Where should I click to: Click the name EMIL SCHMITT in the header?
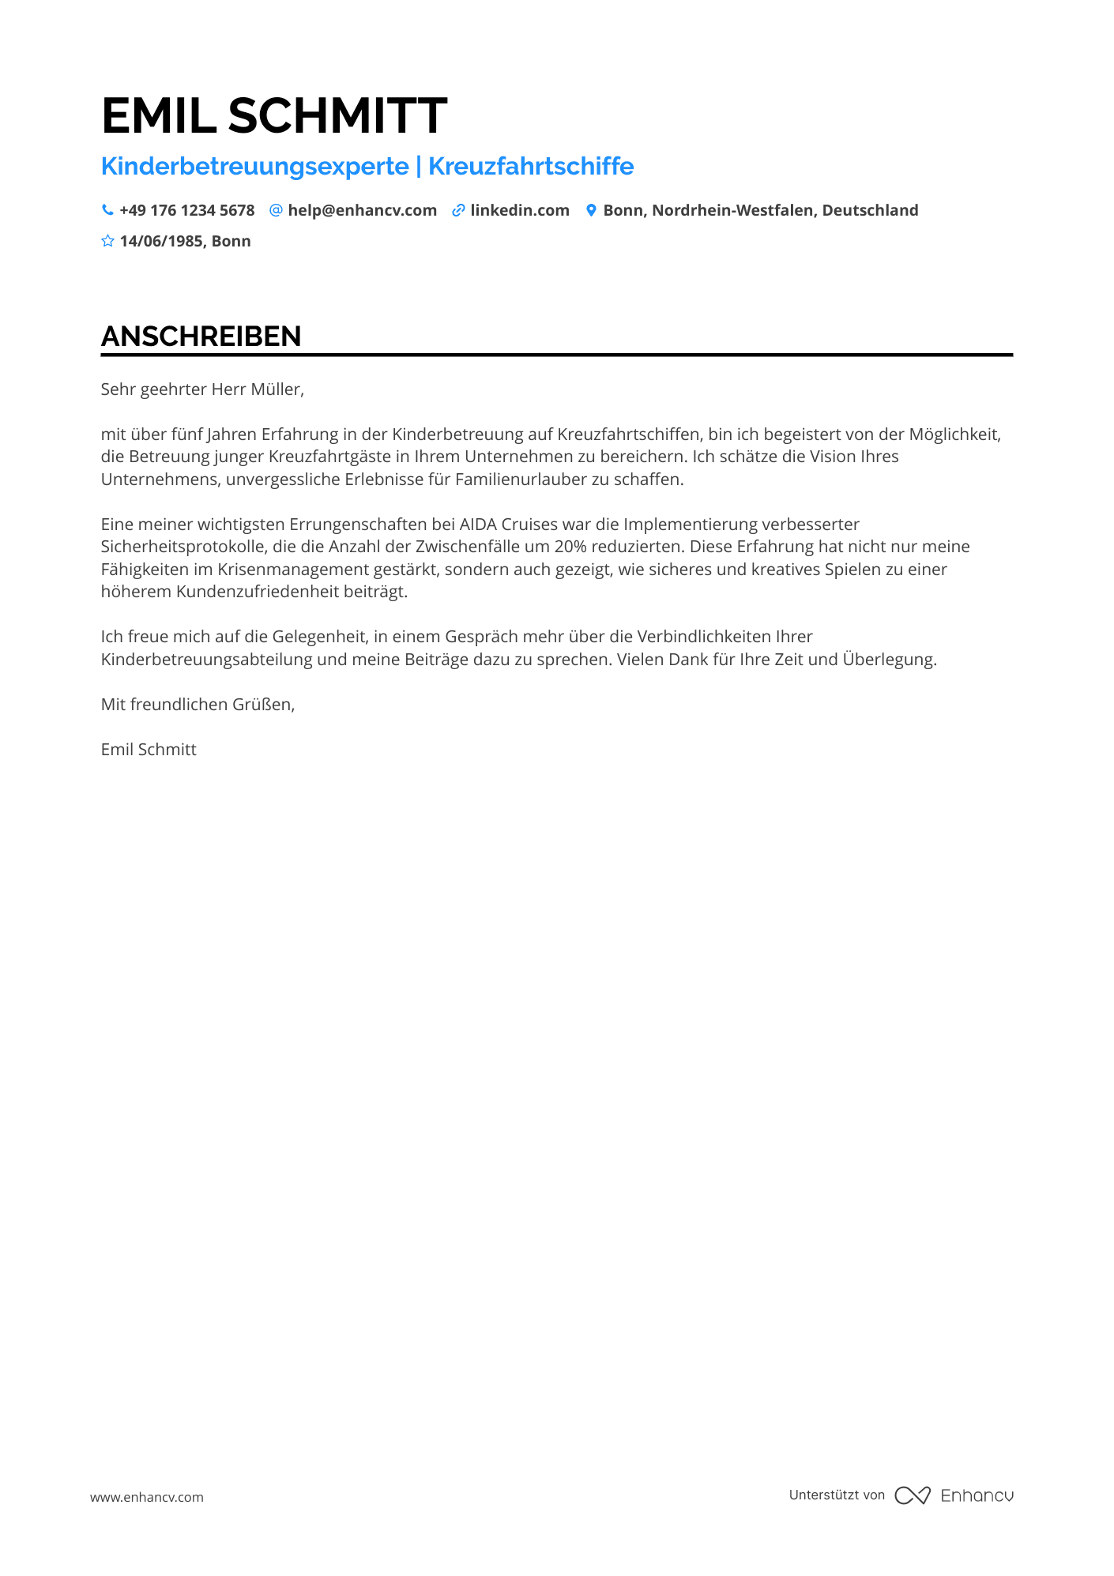point(274,116)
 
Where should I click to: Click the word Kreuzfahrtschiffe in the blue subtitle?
point(531,167)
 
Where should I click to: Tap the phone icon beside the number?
point(107,210)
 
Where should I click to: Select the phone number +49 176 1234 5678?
point(187,211)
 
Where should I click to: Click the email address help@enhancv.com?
point(362,211)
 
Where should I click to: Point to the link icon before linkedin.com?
point(458,211)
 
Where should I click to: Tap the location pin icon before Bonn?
point(591,211)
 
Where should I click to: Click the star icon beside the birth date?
point(108,241)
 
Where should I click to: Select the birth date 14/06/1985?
point(161,242)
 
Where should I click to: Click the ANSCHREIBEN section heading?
point(201,337)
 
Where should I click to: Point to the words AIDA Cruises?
point(509,525)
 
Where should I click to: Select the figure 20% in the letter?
point(570,547)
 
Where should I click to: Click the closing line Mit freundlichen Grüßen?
point(198,705)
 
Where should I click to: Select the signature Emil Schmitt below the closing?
point(149,750)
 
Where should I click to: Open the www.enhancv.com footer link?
point(147,1497)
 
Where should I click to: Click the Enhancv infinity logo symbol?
point(913,1495)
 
